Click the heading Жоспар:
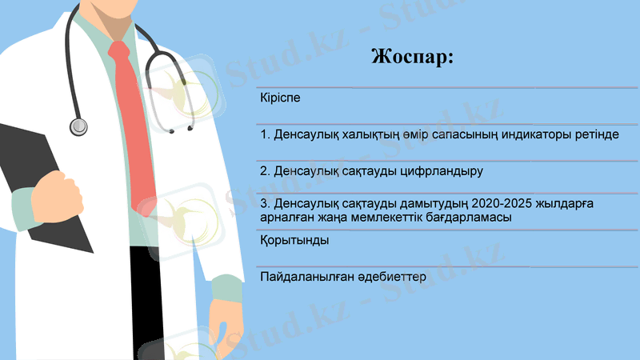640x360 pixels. [x=413, y=58]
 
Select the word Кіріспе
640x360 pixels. [x=282, y=98]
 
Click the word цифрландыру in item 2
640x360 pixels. [x=445, y=171]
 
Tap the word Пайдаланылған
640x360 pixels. [x=307, y=276]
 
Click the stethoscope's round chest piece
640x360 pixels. [x=78, y=126]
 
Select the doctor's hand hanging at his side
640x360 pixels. [x=229, y=320]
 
